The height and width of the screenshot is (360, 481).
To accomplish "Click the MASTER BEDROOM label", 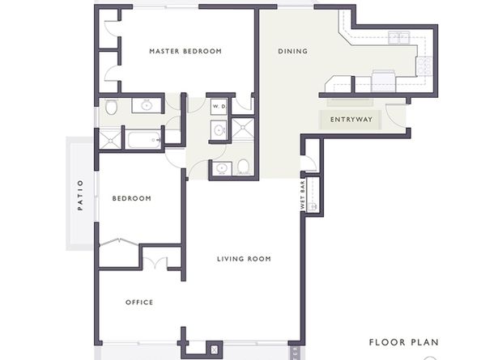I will [185, 51].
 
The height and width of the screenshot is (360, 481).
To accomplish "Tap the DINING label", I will [292, 51].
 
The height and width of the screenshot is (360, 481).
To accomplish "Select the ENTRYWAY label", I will [351, 120].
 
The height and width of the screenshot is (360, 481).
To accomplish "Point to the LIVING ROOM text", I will [244, 259].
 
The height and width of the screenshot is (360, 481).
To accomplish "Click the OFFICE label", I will [139, 303].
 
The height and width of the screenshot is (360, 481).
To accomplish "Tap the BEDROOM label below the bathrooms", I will [132, 197].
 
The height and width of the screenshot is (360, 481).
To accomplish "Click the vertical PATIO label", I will [80, 195].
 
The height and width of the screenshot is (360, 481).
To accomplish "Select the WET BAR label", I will [303, 195].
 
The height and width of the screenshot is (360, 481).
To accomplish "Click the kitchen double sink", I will [398, 37].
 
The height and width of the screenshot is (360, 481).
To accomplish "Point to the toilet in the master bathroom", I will [111, 106].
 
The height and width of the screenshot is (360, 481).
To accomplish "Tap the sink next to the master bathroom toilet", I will [147, 105].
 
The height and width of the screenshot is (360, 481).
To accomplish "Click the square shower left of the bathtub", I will [109, 140].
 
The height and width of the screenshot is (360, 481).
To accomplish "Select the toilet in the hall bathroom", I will [243, 167].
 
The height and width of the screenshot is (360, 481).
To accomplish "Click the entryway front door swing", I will [395, 116].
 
